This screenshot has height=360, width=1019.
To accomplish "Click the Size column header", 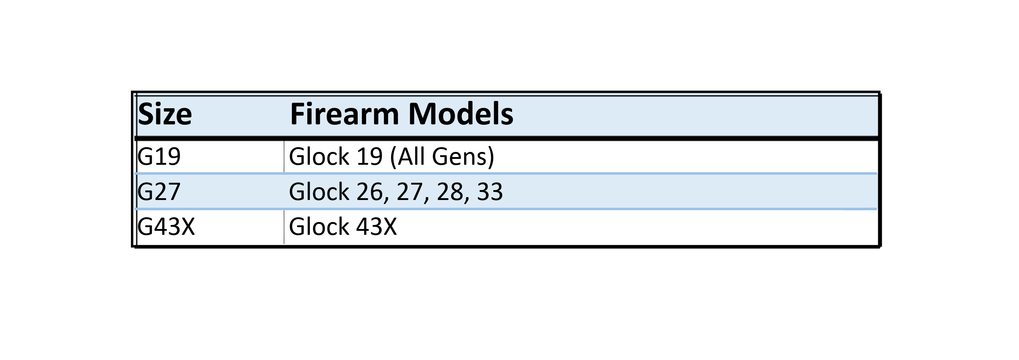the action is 165,114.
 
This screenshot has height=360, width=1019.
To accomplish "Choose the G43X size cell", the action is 166,227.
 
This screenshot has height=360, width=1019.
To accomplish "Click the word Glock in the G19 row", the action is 319,156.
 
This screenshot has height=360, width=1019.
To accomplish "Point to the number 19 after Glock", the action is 369,156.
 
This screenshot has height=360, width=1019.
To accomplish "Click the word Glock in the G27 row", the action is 319,192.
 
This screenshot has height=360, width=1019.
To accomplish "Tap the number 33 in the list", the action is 490,192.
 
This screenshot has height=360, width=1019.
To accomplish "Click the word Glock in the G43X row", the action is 319,227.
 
